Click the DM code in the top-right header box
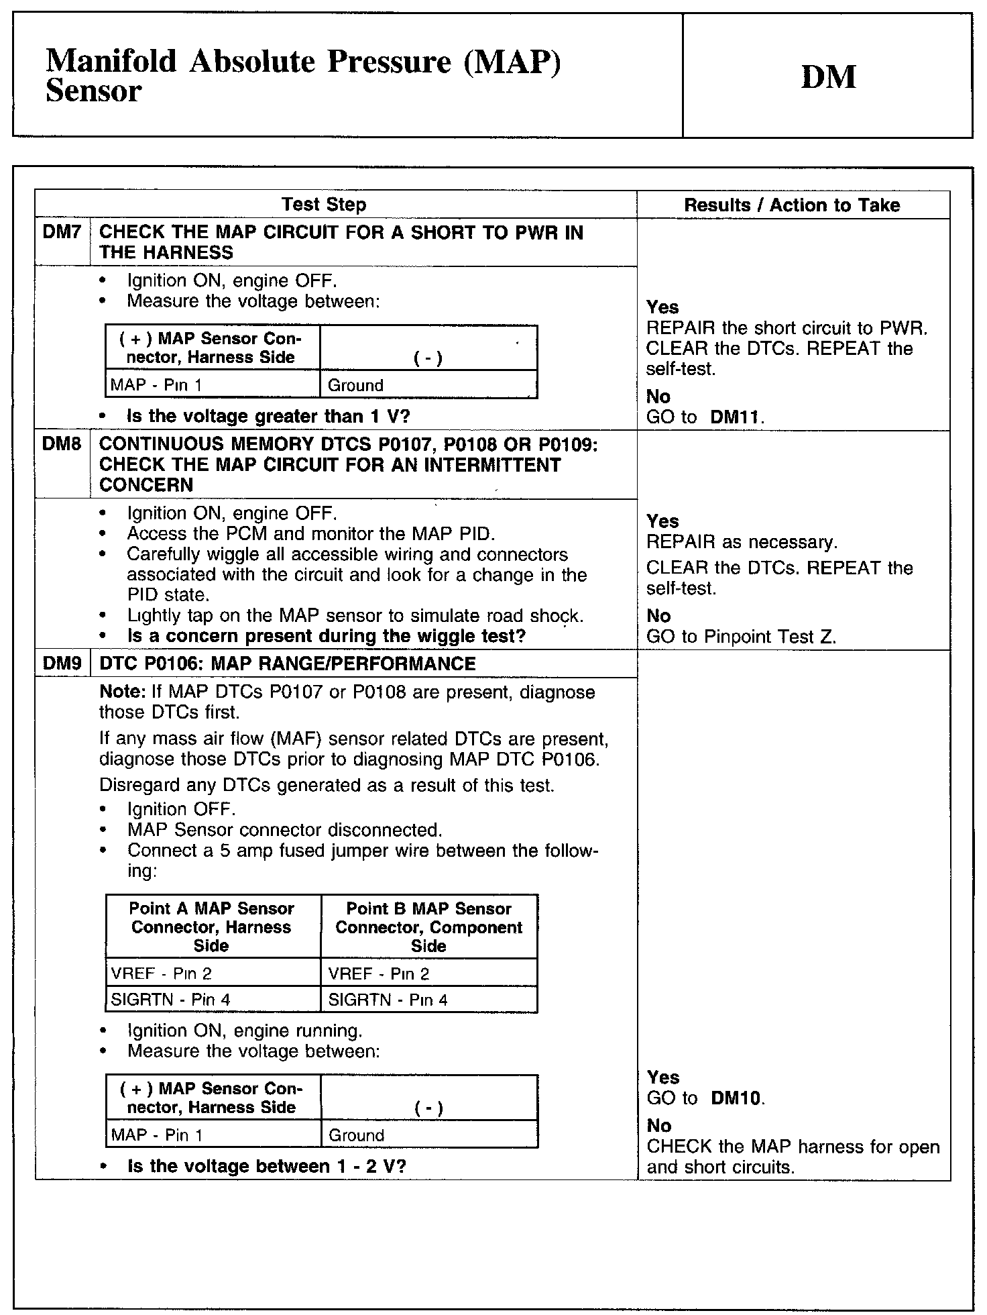828,77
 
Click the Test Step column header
323,205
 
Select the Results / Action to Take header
792,205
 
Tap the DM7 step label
62,233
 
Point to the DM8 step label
62,444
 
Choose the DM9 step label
62,664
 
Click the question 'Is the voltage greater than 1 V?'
268,416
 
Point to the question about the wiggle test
326,635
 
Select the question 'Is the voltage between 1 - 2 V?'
267,1166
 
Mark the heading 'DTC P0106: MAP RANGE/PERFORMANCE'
287,664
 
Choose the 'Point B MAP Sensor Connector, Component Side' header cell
428,927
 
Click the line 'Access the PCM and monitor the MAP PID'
311,534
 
